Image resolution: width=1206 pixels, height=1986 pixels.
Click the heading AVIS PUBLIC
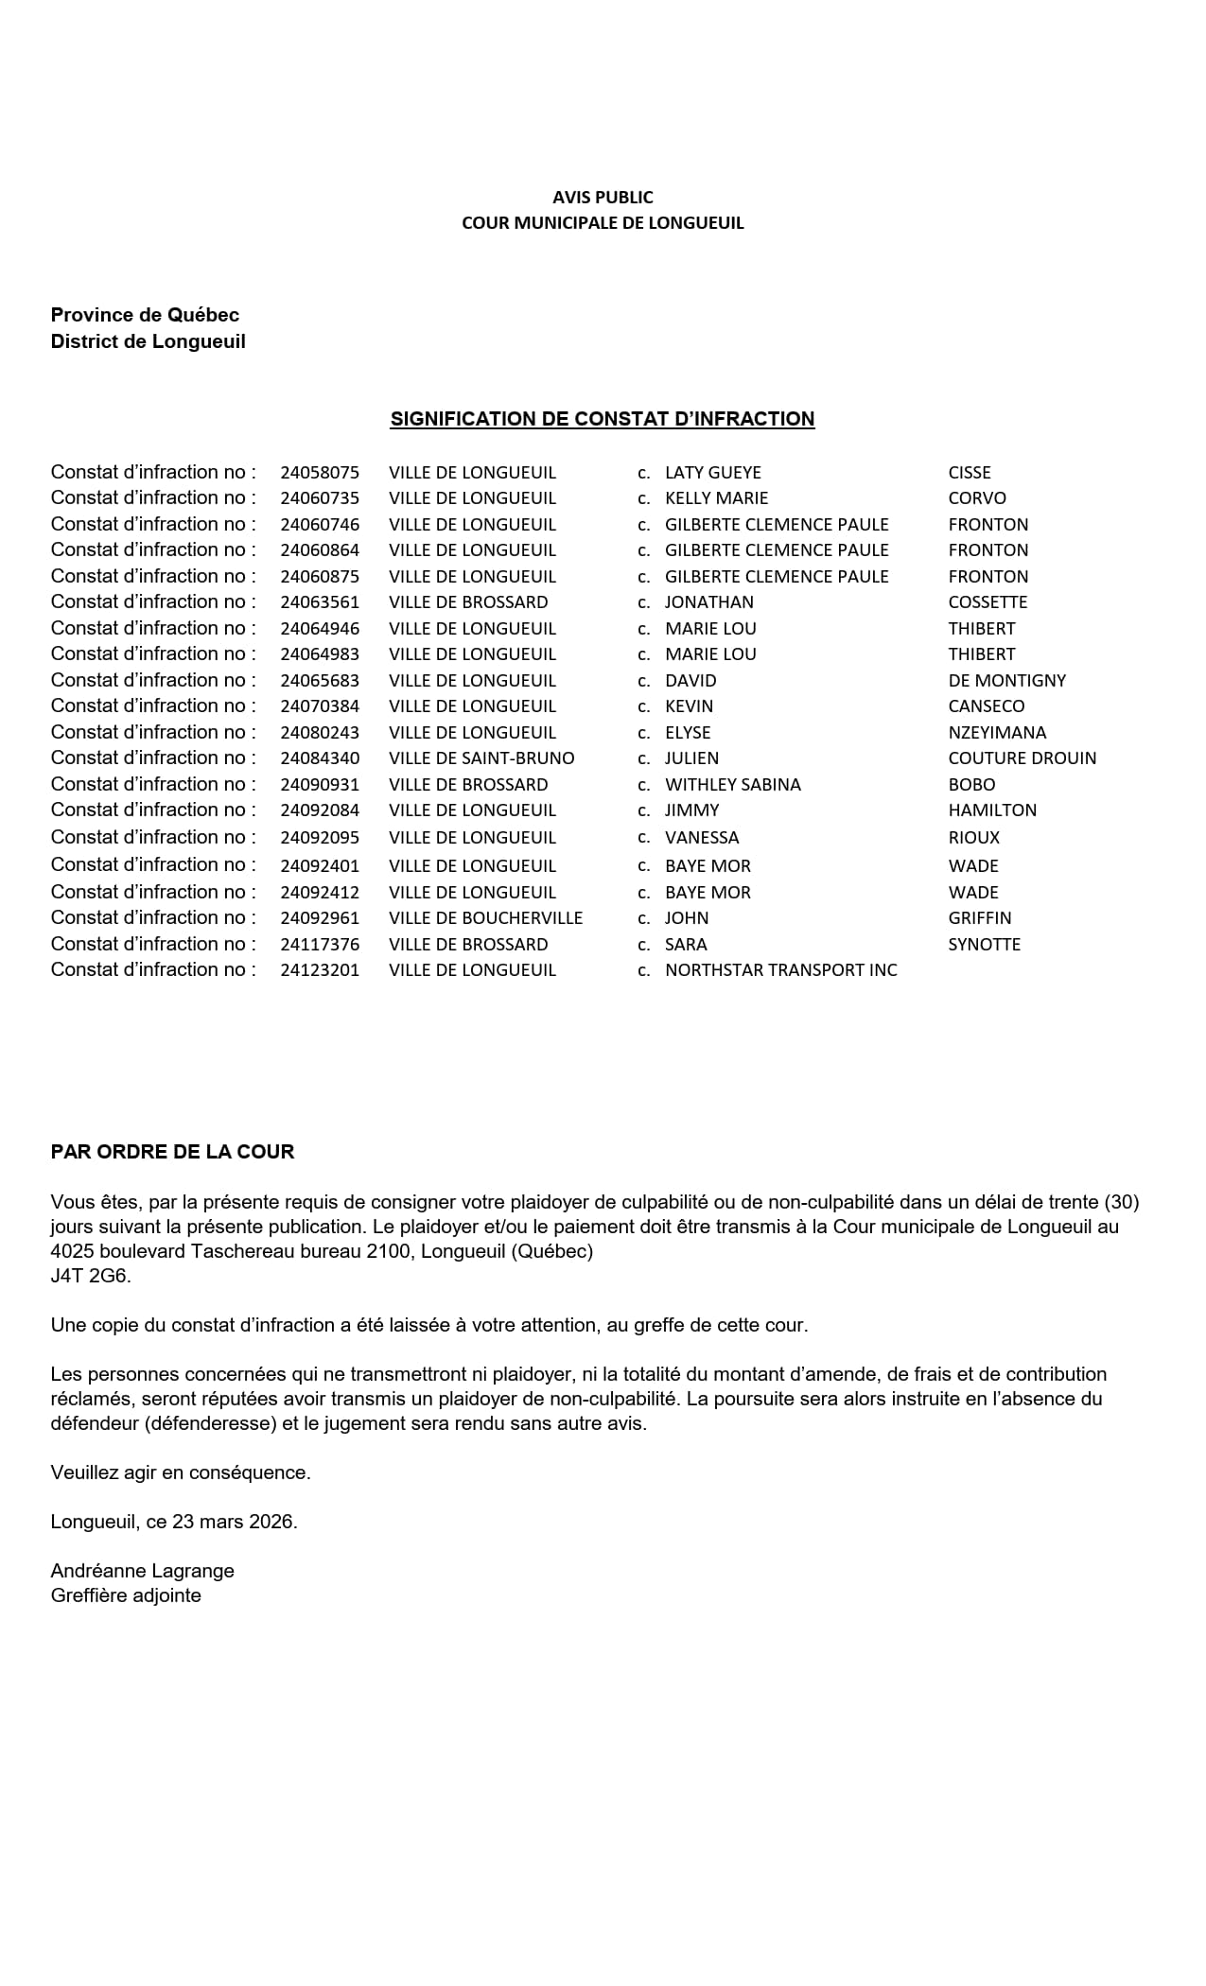603,197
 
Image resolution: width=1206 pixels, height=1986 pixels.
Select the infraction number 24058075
320,473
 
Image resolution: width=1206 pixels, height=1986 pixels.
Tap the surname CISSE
970,473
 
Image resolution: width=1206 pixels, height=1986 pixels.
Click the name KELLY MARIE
716,498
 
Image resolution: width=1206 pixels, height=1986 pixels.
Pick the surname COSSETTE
988,602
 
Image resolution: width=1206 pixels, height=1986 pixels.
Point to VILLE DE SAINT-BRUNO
481,758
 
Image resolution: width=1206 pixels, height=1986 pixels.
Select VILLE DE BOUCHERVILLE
485,918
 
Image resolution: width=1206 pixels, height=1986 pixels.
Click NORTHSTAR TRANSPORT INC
780,970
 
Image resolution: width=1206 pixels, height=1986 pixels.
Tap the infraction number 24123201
320,970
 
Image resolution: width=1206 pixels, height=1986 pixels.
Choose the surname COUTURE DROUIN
1022,758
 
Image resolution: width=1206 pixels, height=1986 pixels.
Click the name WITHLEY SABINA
732,785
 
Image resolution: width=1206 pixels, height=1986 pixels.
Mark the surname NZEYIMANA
997,733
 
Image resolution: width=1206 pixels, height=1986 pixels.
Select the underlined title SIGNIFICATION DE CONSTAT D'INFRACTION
603,419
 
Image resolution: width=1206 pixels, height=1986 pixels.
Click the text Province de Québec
145,315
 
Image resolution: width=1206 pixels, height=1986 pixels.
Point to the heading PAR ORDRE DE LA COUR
172,1152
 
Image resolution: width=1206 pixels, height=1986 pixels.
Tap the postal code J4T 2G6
91,1276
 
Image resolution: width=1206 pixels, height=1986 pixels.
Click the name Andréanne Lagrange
142,1571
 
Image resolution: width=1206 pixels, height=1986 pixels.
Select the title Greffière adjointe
126,1595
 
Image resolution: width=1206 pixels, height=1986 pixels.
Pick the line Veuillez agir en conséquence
181,1472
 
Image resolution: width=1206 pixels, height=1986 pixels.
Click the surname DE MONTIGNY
1006,681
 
